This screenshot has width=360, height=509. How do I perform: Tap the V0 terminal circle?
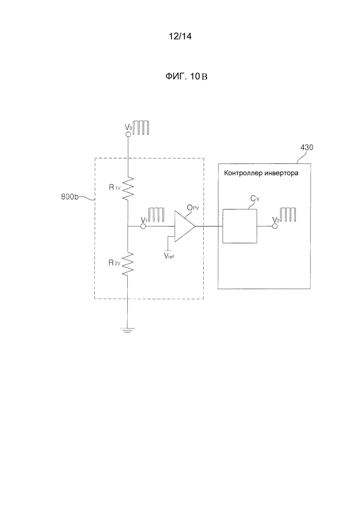click(x=128, y=135)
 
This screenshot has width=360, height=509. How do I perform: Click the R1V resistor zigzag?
click(x=128, y=188)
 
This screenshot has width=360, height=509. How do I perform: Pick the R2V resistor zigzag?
click(x=128, y=264)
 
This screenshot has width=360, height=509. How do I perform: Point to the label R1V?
click(x=114, y=188)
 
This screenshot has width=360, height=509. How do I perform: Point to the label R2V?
click(x=114, y=263)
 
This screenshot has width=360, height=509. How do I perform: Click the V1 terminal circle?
click(x=143, y=227)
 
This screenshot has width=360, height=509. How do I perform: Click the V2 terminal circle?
click(x=274, y=227)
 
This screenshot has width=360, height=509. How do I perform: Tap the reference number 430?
click(x=307, y=148)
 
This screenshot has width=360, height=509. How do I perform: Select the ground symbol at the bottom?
click(x=128, y=330)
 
